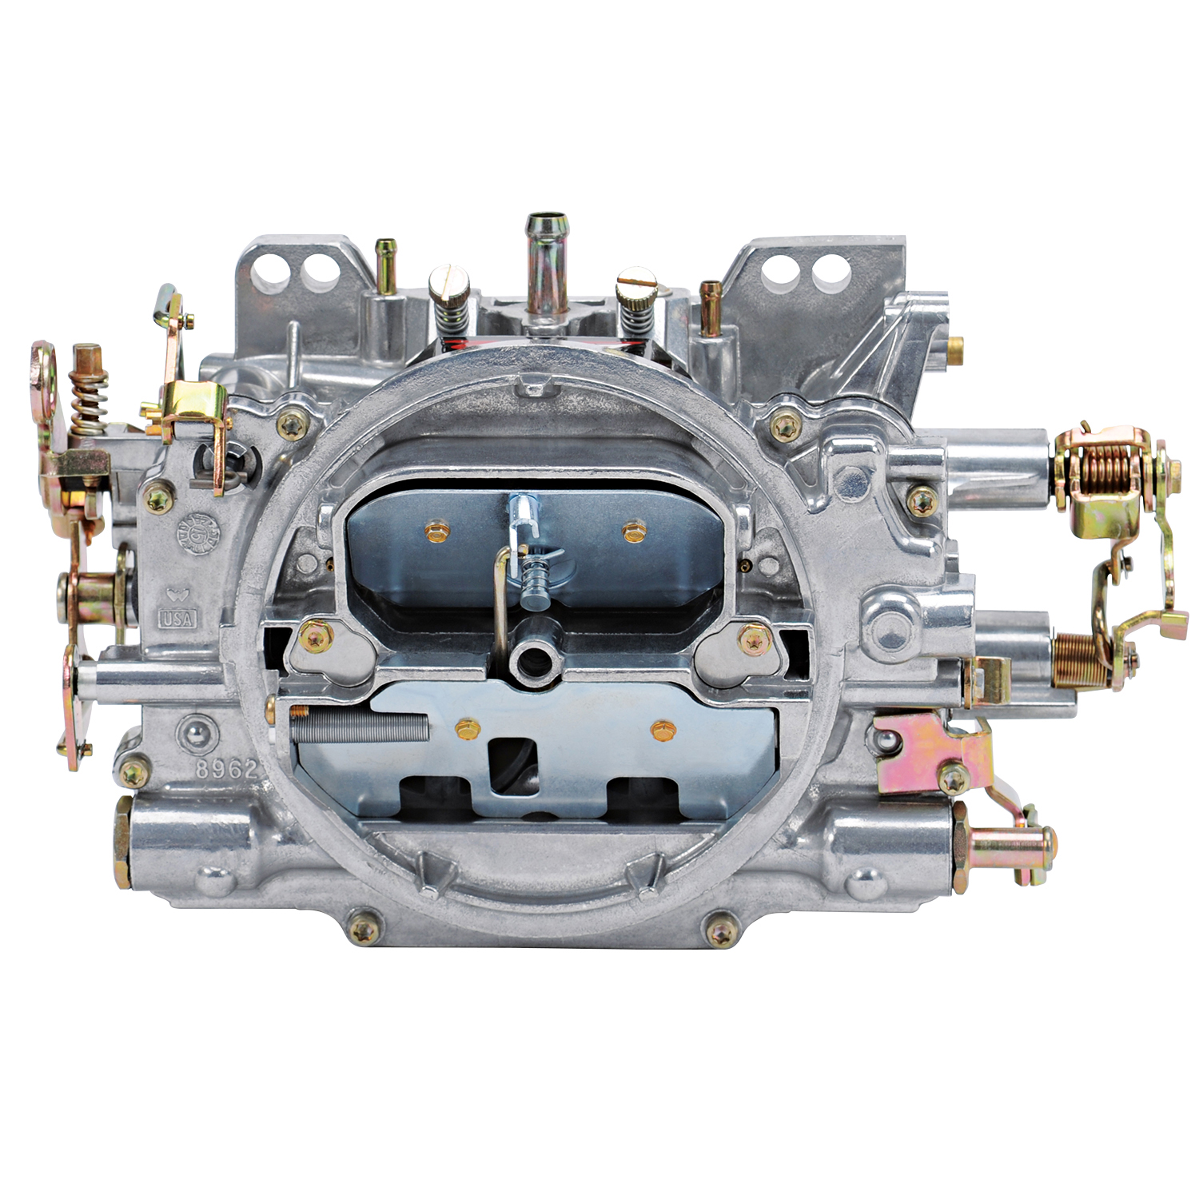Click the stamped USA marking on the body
pyautogui.click(x=177, y=618)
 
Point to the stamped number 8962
pyautogui.click(x=228, y=769)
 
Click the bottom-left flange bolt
pyautogui.click(x=364, y=929)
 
